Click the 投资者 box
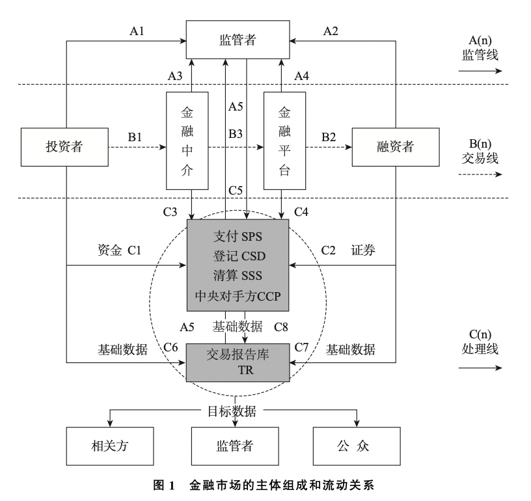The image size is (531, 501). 64,147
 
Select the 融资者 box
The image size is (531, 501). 396,147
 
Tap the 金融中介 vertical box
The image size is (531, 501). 187,141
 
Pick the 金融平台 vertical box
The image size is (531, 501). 285,141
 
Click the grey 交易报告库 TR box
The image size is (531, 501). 238,362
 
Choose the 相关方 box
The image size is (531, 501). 110,446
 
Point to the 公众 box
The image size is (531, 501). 357,446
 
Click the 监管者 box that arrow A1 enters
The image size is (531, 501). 238,40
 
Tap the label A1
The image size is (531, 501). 137,31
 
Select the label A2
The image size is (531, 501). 331,31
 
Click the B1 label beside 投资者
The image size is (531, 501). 135,137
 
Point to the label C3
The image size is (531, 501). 170,212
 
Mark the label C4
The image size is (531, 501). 301,212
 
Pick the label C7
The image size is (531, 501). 301,347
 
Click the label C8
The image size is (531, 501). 280,327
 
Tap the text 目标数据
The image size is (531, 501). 232,411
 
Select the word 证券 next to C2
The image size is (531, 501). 363,251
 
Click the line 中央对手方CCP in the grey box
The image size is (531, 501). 238,296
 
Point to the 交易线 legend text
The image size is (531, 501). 480,158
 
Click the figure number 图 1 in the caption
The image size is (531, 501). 164,485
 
